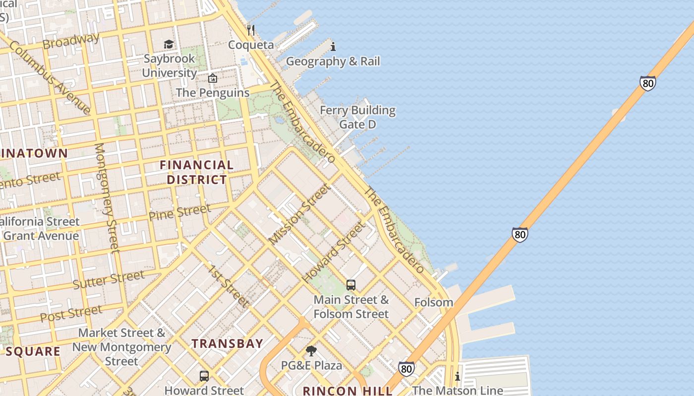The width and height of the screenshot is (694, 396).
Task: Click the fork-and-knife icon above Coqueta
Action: [251, 30]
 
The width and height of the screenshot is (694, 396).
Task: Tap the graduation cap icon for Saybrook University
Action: [169, 45]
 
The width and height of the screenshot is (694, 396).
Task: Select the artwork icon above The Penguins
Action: [213, 78]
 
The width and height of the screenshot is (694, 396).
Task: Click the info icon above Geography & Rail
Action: [333, 47]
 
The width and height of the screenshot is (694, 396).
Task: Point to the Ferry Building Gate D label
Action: [357, 117]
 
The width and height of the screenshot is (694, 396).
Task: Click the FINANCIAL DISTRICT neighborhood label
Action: [196, 172]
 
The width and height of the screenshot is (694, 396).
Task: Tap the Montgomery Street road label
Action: [107, 198]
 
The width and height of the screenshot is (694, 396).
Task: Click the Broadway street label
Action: [71, 41]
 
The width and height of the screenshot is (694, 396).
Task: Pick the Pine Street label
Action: [179, 212]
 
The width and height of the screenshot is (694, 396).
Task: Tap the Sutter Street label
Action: [109, 279]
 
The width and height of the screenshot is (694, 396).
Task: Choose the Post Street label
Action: [71, 313]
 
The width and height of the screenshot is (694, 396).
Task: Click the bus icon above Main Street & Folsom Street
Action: [351, 285]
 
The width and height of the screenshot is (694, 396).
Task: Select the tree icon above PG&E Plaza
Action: [311, 351]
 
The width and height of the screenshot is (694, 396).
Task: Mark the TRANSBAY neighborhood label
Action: [228, 344]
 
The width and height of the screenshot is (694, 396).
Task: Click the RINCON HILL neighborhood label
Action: [347, 391]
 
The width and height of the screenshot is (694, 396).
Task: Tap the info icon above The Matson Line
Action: [458, 377]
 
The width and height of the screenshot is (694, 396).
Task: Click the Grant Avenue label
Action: [41, 236]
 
